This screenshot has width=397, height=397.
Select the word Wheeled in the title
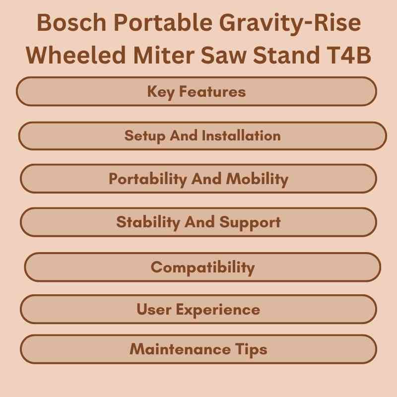[x=78, y=56]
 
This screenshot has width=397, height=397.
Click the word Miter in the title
[x=171, y=56]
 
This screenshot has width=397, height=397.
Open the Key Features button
[x=197, y=91]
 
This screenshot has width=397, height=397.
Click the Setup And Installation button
[x=202, y=135]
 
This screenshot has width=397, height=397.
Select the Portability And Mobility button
[x=198, y=179]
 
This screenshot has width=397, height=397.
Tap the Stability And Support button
[x=198, y=222]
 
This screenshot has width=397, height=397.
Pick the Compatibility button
[x=202, y=267]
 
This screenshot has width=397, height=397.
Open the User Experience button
[x=198, y=309]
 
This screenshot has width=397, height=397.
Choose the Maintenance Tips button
[x=198, y=349]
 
